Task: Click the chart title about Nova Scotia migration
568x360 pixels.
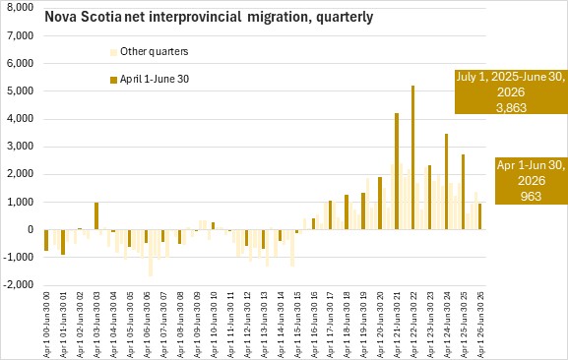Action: (x=209, y=17)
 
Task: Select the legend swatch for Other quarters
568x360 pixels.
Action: (x=114, y=52)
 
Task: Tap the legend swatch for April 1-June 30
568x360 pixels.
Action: (x=114, y=80)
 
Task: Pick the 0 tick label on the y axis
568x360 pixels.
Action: (x=31, y=229)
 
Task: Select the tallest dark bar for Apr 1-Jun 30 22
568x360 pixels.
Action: (x=413, y=157)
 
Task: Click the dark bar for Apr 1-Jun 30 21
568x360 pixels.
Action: (x=397, y=171)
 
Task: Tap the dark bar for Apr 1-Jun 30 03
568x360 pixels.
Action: (x=96, y=216)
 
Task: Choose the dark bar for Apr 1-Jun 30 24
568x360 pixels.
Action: (x=446, y=182)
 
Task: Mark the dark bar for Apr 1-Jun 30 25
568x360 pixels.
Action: (x=463, y=192)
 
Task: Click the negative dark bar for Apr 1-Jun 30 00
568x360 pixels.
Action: (x=46, y=240)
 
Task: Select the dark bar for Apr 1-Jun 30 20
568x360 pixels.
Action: (x=380, y=204)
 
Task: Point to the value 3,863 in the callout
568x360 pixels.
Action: (x=511, y=107)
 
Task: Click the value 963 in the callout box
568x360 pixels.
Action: (x=531, y=196)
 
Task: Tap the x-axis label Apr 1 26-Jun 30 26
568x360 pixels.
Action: (x=481, y=325)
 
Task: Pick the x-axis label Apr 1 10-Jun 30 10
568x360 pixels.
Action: (x=214, y=325)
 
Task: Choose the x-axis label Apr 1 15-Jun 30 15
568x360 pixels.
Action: (x=297, y=325)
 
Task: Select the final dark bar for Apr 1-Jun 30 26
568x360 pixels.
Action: (x=479, y=216)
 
